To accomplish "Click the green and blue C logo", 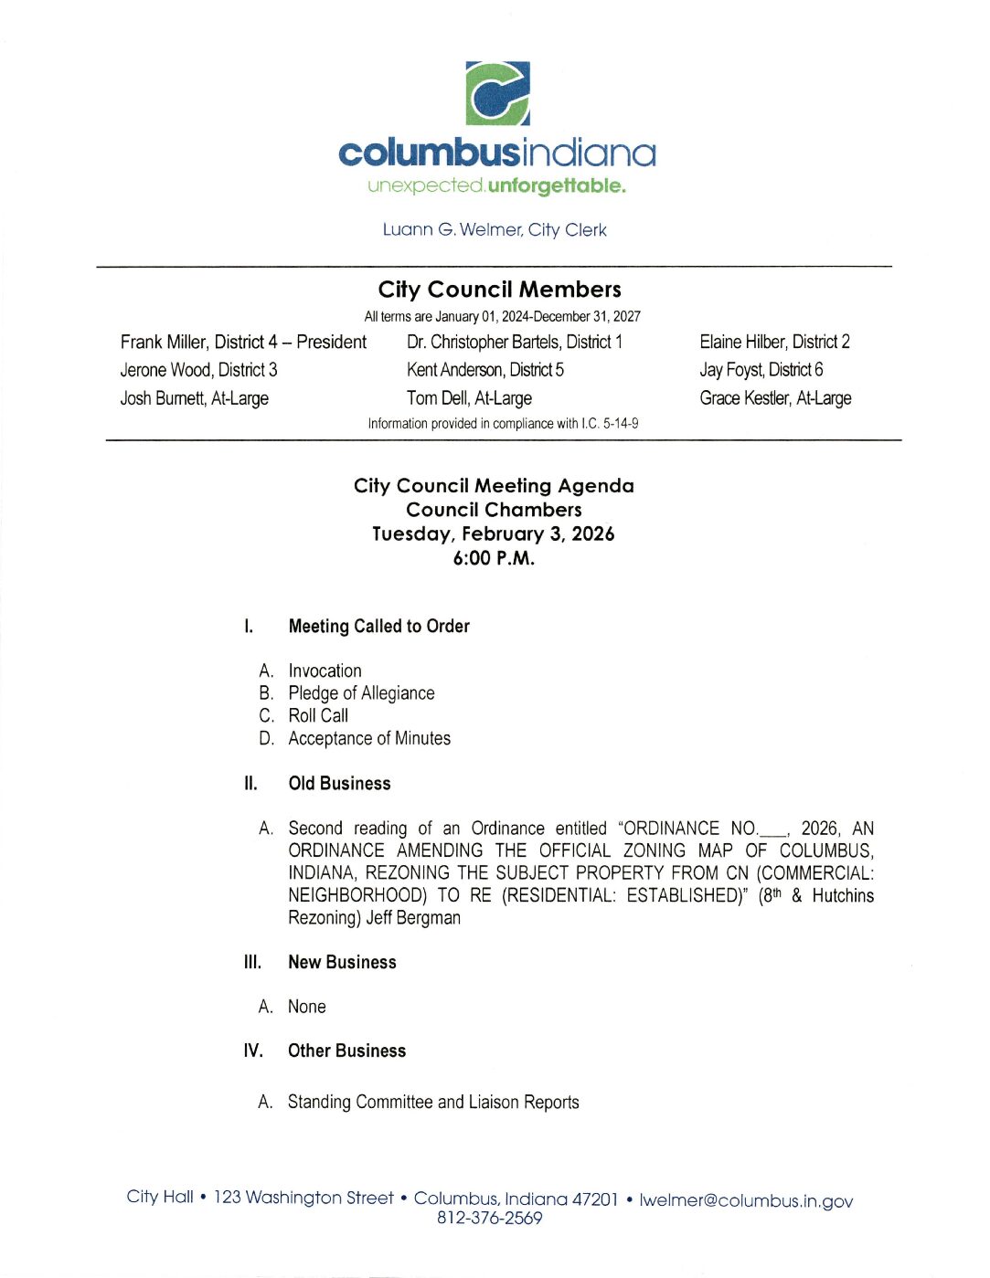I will tap(497, 93).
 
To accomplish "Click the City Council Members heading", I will tap(499, 290).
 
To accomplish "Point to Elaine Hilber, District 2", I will tap(774, 343).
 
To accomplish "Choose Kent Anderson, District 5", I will tap(484, 370).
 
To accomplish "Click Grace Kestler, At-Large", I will tap(775, 398).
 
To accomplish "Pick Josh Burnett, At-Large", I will tap(194, 398).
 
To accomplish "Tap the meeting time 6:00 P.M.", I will tap(494, 558).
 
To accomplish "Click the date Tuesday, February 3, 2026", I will tap(494, 533).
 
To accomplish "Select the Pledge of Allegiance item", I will tap(361, 693).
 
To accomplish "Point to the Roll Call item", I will tap(318, 716).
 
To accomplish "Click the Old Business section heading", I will tap(339, 784).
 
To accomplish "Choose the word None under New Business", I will tap(307, 1007).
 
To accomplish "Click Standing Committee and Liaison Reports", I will tap(433, 1103).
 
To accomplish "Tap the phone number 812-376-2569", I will tap(489, 1219).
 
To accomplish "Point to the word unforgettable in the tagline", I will tap(557, 186).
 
